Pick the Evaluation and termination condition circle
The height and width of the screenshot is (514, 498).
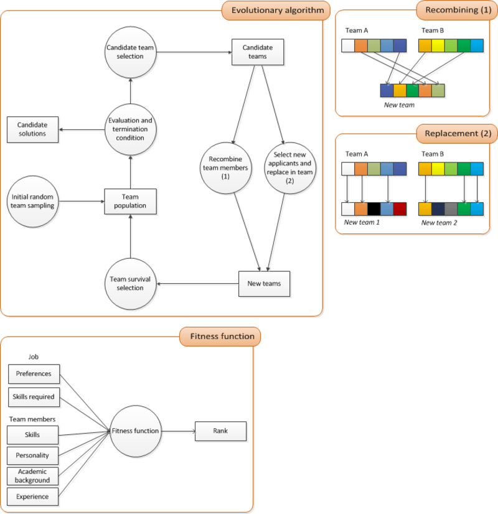tap(130, 129)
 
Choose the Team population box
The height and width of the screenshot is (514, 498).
tap(130, 201)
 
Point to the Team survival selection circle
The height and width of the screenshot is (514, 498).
tap(130, 284)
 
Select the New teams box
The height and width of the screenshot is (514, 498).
tap(264, 284)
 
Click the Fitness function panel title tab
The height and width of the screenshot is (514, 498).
tap(220, 337)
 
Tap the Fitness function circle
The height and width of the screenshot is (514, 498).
tap(135, 431)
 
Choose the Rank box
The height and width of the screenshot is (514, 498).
tap(221, 431)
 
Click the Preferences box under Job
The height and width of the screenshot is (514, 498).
tap(34, 374)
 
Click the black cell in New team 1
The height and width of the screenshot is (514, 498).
tap(374, 208)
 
